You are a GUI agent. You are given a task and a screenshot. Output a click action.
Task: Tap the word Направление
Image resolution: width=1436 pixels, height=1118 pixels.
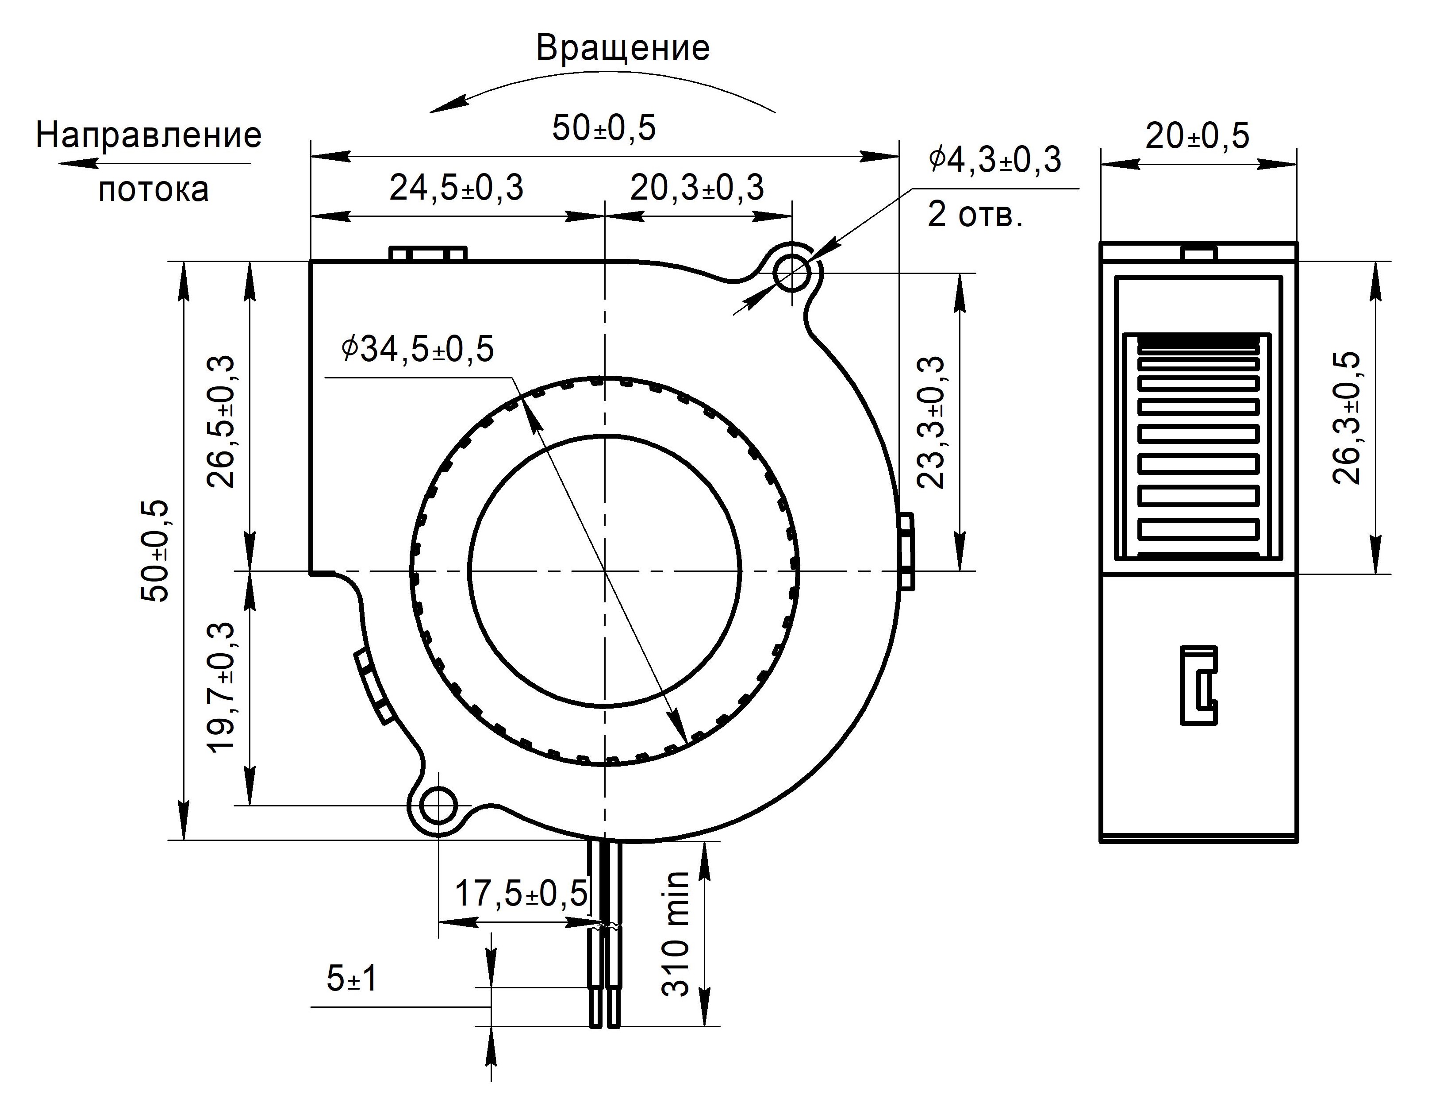[x=149, y=135]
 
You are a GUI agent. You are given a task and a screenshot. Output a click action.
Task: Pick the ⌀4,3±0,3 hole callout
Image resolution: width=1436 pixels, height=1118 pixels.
[x=995, y=160]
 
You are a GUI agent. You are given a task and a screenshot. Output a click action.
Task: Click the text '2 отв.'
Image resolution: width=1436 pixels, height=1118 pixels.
[x=975, y=214]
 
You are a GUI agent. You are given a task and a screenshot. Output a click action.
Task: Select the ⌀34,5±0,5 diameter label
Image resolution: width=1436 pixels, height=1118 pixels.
[x=418, y=349]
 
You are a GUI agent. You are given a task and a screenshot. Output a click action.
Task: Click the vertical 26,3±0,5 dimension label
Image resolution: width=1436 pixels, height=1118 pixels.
[x=1347, y=418]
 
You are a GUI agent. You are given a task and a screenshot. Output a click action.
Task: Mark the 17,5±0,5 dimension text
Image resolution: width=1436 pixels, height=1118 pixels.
[x=521, y=894]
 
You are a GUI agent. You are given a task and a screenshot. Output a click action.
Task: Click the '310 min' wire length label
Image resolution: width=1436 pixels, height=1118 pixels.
[x=675, y=934]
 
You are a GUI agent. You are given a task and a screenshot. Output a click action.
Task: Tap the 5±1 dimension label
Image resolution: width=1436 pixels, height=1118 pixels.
[x=353, y=979]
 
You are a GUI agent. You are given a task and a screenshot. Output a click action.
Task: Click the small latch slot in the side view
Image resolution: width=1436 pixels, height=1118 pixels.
[x=1198, y=685]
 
